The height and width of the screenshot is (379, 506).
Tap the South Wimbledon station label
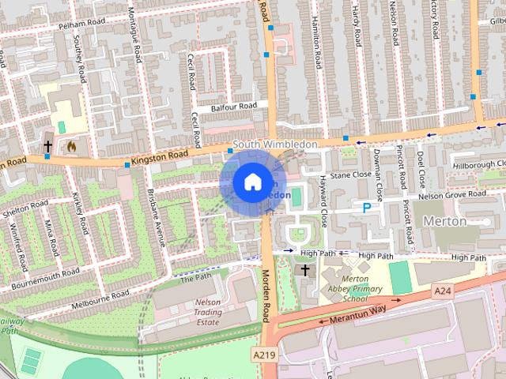[x=275, y=144]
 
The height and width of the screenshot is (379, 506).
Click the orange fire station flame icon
[x=71, y=147]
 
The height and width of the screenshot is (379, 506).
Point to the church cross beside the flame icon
[x=47, y=147]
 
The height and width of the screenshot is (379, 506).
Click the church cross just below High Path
[x=304, y=270]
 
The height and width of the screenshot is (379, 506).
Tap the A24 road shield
[x=444, y=291]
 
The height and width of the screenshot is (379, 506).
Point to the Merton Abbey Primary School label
[x=345, y=289]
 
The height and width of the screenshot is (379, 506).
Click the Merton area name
[x=445, y=221]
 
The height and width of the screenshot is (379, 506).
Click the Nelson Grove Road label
[x=453, y=194]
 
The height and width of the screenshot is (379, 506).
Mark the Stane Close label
[x=350, y=174]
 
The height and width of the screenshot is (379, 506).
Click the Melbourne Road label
[x=99, y=295]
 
